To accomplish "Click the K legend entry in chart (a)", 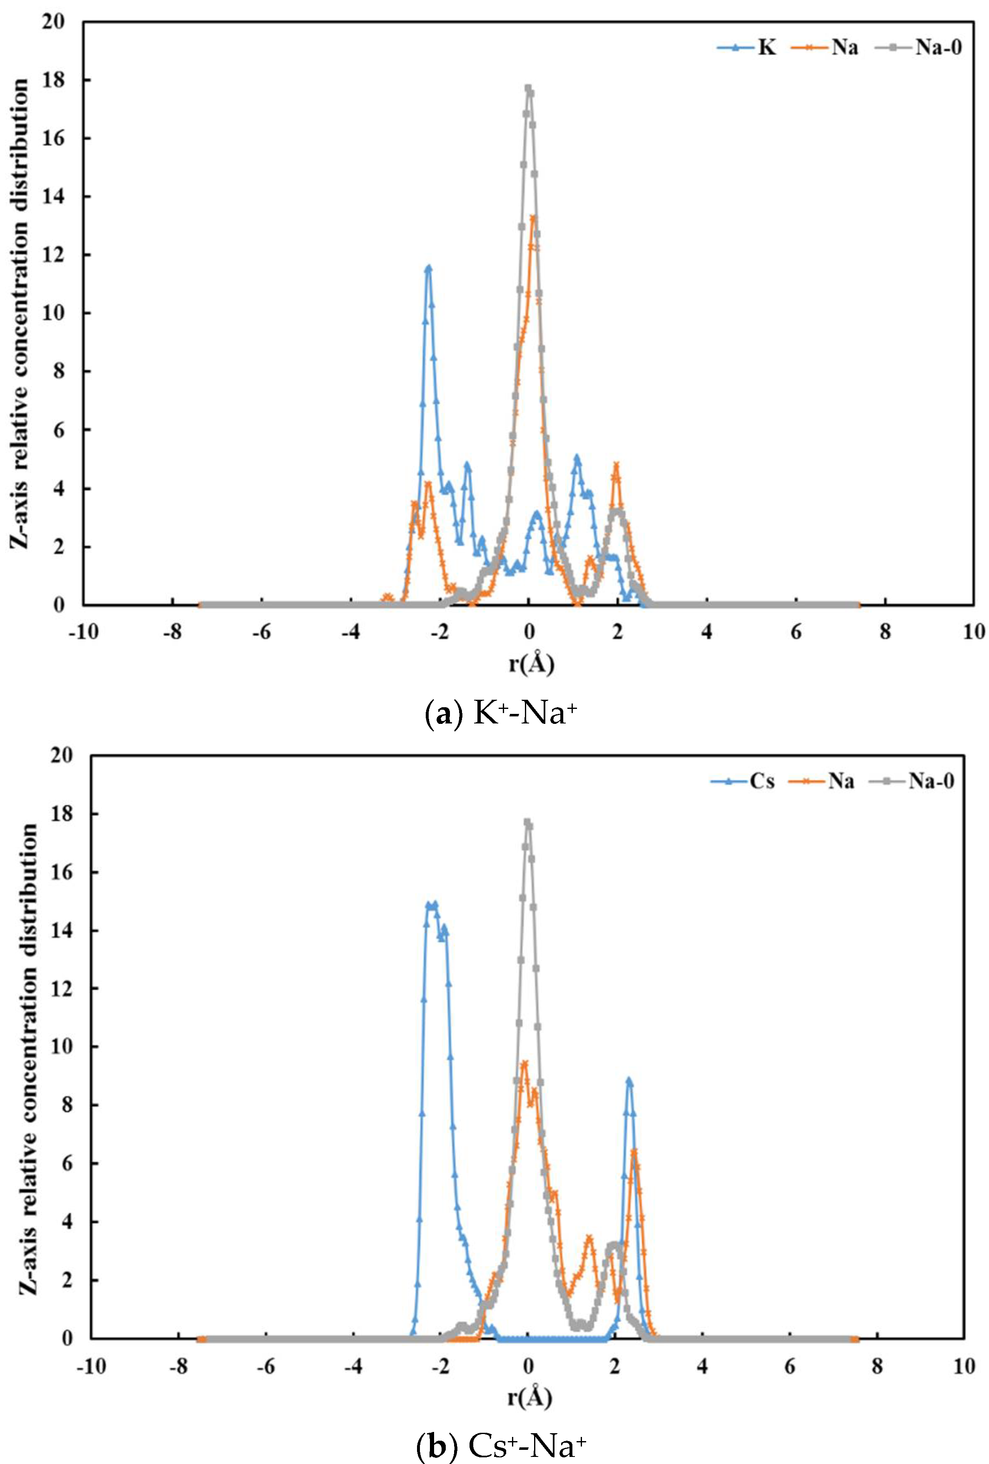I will click(x=766, y=47).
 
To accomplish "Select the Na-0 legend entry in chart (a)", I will click(x=938, y=47).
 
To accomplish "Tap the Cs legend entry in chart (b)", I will click(x=762, y=781).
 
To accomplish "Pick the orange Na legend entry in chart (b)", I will click(x=841, y=781).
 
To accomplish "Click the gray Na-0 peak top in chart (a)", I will click(x=528, y=89).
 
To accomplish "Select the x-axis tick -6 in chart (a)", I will click(x=262, y=632).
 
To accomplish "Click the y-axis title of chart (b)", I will click(x=29, y=1058).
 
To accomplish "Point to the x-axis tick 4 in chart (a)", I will click(x=707, y=632).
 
